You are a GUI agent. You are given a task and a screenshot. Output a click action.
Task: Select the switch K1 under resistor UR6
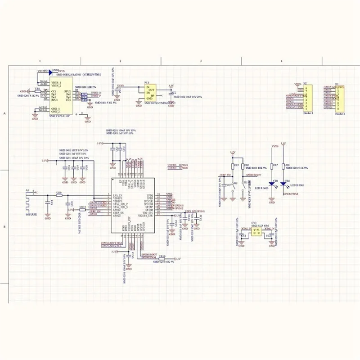pyautogui.click(x=243, y=184)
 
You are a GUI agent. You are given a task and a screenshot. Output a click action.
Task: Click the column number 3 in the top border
pyautogui.click(x=201, y=60)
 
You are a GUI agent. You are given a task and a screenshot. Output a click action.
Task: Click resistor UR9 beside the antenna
pyautogui.click(x=59, y=195)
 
